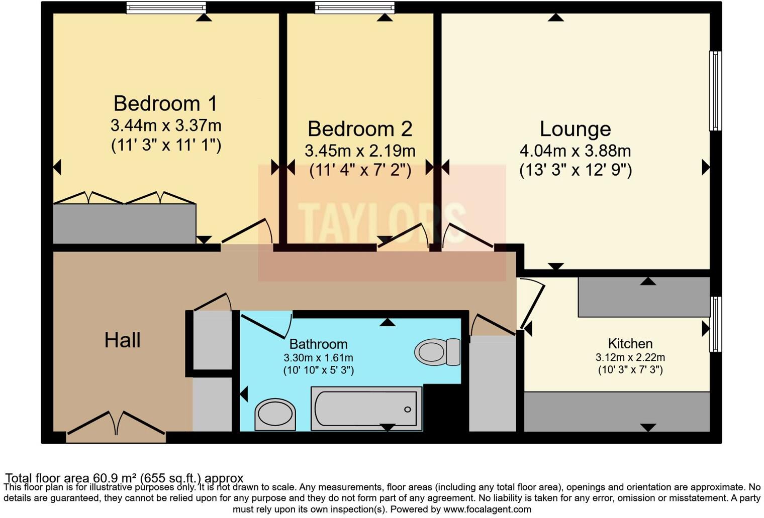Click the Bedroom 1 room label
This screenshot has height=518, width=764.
tap(165, 103)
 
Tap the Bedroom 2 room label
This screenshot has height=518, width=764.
tap(360, 129)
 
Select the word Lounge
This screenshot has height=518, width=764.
tap(575, 129)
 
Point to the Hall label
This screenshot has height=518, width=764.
tap(122, 340)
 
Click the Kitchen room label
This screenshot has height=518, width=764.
tap(630, 344)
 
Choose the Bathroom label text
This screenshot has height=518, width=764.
tap(318, 344)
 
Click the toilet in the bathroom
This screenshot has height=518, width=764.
tap(437, 352)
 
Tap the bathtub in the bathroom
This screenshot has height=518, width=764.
tap(366, 409)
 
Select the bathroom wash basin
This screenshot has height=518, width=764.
tap(275, 415)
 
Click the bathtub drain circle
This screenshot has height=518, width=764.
tap(408, 410)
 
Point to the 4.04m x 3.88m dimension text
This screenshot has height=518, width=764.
tap(575, 151)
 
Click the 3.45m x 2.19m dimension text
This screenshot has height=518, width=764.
tap(360, 151)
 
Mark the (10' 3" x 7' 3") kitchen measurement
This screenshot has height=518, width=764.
tap(630, 370)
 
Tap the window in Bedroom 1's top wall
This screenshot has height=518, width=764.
tap(166, 8)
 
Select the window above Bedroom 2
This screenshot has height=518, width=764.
tap(354, 8)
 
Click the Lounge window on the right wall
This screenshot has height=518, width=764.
tap(715, 91)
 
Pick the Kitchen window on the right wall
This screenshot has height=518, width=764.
tap(715, 324)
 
